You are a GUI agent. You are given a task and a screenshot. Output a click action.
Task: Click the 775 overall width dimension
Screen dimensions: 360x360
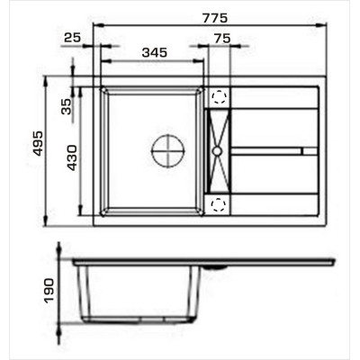tap(215, 18)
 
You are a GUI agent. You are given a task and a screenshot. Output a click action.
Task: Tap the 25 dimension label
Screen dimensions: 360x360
tap(73, 38)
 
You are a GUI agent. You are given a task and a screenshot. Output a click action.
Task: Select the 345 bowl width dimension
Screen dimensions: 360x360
tap(154, 52)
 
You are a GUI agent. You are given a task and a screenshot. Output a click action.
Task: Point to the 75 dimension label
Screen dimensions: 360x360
tap(222, 39)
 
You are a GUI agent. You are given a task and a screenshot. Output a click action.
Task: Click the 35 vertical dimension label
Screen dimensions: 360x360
tap(67, 106)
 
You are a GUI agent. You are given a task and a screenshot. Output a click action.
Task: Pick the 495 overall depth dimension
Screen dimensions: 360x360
tap(38, 143)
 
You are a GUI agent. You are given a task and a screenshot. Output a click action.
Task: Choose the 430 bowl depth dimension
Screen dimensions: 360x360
tap(71, 157)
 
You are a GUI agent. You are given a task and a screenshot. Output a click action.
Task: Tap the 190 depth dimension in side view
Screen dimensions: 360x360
tap(49, 291)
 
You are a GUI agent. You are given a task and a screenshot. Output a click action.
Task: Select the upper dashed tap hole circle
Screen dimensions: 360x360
tap(219, 97)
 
